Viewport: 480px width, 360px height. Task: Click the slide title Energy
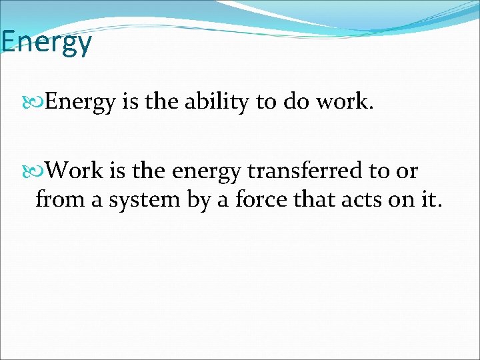tap(46, 43)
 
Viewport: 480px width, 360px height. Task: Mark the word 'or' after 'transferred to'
tap(406, 172)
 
